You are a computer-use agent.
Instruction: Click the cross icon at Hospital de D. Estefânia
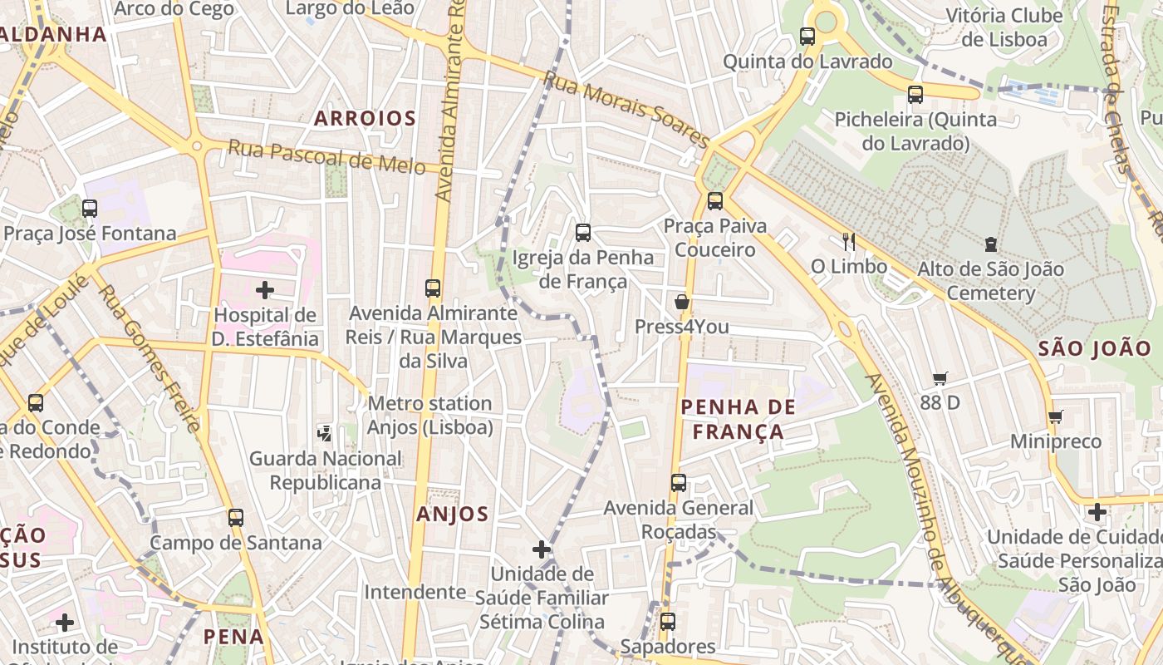pyautogui.click(x=265, y=290)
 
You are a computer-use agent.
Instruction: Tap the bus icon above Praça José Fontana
pyautogui.click(x=90, y=209)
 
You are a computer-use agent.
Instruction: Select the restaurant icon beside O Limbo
pyautogui.click(x=848, y=242)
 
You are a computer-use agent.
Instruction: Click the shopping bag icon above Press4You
pyautogui.click(x=682, y=302)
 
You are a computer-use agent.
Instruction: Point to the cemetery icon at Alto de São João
pyautogui.click(x=990, y=244)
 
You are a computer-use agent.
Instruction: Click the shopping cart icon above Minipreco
pyautogui.click(x=1055, y=416)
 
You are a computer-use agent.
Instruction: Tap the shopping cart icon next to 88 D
pyautogui.click(x=940, y=378)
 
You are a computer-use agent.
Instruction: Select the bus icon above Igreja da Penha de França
pyautogui.click(x=583, y=233)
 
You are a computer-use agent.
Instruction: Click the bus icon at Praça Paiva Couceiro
pyautogui.click(x=715, y=201)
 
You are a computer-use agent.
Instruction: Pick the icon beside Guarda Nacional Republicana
pyautogui.click(x=325, y=433)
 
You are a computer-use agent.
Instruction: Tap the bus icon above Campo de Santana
pyautogui.click(x=236, y=518)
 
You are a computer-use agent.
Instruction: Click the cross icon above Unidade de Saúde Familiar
pyautogui.click(x=542, y=549)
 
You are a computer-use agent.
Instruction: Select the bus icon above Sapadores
pyautogui.click(x=668, y=622)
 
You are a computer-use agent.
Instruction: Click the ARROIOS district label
pyautogui.click(x=365, y=118)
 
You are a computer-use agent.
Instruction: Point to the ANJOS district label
pyautogui.click(x=453, y=514)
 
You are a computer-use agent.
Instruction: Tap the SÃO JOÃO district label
pyautogui.click(x=1095, y=348)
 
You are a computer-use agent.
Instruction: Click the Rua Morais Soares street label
pyautogui.click(x=627, y=109)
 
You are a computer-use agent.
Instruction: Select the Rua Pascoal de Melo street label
pyautogui.click(x=326, y=156)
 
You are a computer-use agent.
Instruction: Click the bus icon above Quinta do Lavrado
pyautogui.click(x=807, y=37)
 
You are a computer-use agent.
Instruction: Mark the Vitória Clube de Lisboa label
pyautogui.click(x=1004, y=27)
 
